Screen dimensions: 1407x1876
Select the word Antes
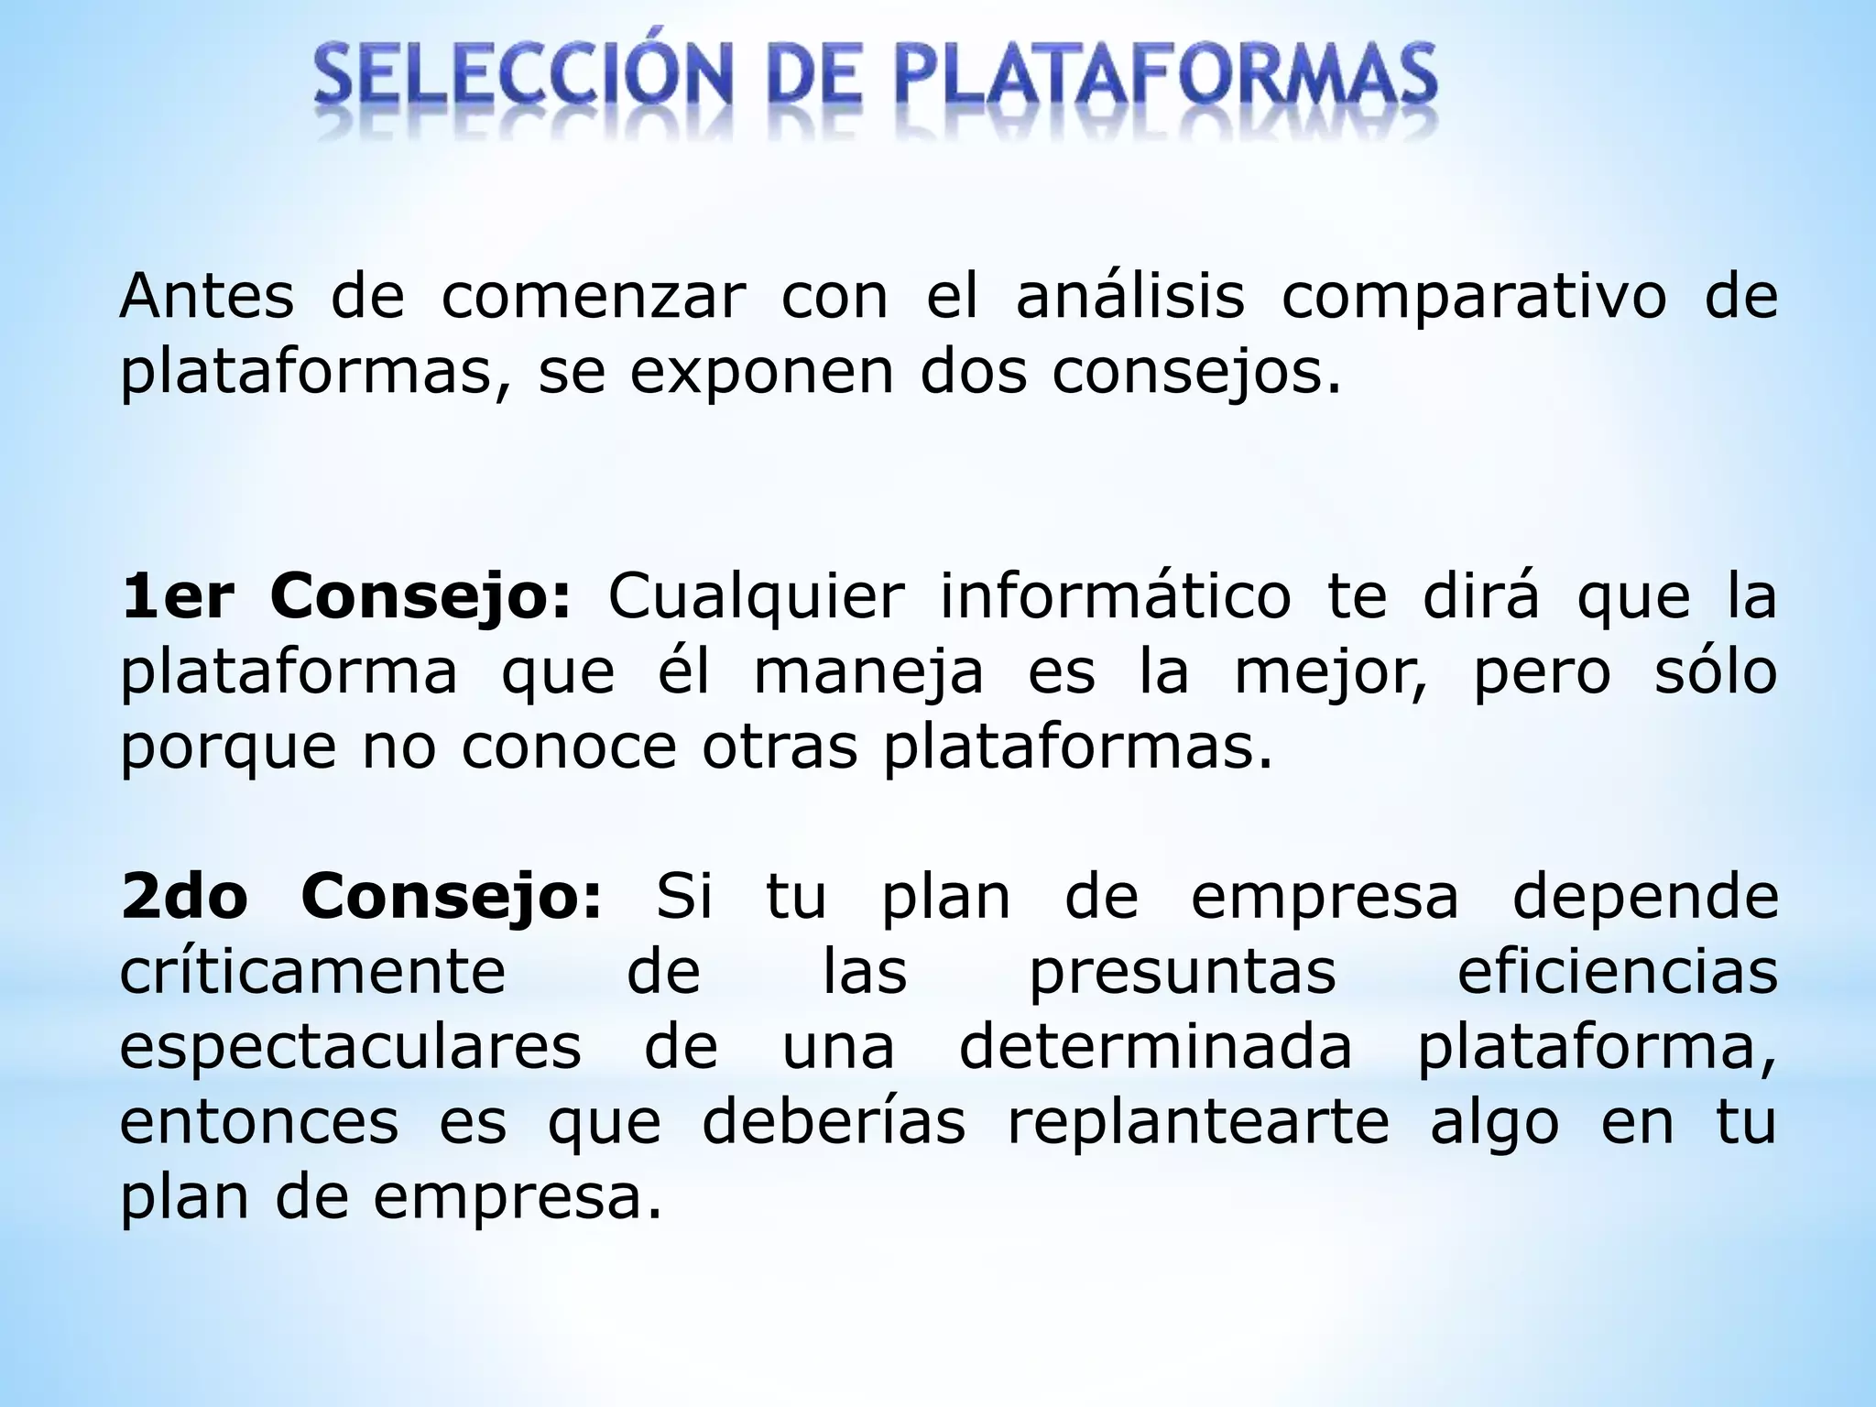[207, 297]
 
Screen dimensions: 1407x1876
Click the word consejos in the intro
[1196, 374]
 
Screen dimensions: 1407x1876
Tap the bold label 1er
[178, 597]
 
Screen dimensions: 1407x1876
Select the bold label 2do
[184, 897]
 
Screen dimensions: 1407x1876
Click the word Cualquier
[756, 597]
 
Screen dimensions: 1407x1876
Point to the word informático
[1116, 597]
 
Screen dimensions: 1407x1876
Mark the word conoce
[568, 747]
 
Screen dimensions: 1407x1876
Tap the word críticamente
[312, 973]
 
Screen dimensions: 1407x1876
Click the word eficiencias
[1617, 971]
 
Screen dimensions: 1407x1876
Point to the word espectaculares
[350, 1048]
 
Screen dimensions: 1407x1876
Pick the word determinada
[1155, 1046]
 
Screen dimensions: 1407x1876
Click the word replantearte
[1198, 1123]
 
